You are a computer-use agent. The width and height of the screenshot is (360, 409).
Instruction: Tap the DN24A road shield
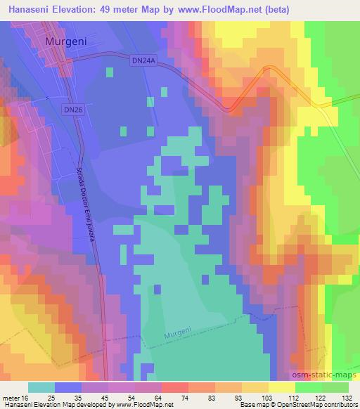click(142, 62)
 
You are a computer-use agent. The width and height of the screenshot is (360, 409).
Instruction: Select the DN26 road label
click(72, 110)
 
